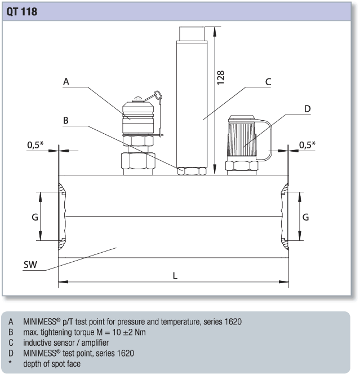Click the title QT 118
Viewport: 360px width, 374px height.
(22, 11)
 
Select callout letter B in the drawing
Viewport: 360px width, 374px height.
(66, 121)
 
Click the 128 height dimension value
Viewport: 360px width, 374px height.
(221, 78)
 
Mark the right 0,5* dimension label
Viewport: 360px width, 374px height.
(307, 145)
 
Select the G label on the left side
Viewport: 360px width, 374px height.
(35, 217)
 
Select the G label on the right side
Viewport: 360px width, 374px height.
(306, 217)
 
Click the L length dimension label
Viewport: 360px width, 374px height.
(175, 275)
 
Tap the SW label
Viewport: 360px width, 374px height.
(31, 265)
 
